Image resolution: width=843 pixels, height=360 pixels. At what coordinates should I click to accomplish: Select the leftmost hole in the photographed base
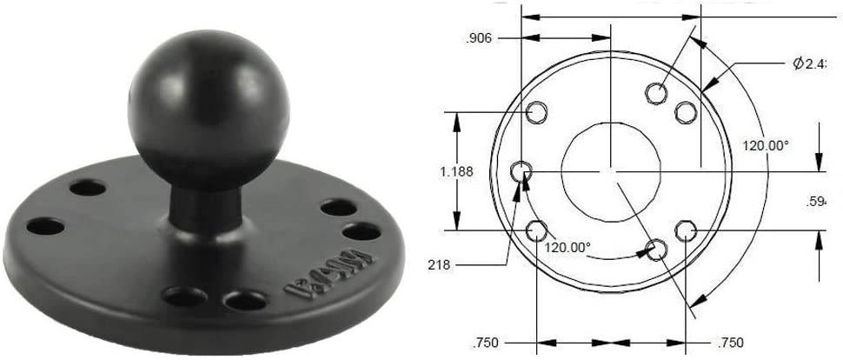click(x=44, y=228)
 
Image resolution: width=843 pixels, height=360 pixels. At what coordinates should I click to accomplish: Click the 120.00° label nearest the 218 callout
click(x=568, y=247)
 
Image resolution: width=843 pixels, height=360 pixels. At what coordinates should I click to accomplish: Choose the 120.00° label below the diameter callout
click(x=765, y=146)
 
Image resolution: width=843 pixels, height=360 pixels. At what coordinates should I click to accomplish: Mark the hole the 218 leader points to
click(x=523, y=171)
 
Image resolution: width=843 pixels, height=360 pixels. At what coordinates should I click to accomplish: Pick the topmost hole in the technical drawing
click(x=659, y=92)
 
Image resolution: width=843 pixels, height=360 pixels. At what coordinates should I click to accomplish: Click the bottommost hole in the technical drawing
click(x=659, y=250)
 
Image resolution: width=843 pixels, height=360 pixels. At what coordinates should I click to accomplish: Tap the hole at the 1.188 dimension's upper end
click(x=537, y=111)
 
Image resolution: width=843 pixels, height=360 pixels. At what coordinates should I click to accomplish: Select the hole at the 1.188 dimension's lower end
click(x=537, y=230)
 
